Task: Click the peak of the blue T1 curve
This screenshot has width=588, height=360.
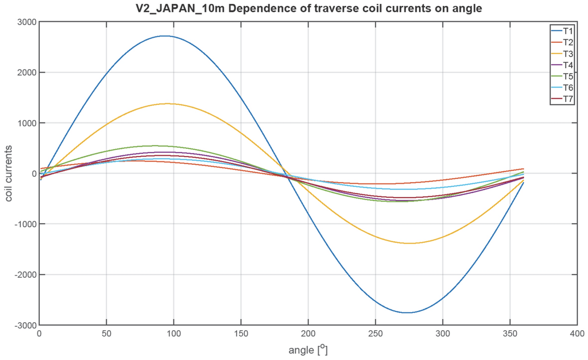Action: tap(164, 36)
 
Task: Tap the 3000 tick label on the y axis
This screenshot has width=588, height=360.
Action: tap(25, 22)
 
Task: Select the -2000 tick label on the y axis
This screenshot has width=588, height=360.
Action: tap(23, 274)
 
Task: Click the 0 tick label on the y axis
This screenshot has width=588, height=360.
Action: tap(32, 173)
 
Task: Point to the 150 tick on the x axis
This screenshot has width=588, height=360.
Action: tap(241, 334)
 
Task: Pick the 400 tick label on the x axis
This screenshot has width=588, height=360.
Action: tap(577, 334)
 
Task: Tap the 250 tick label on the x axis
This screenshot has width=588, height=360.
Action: tap(375, 334)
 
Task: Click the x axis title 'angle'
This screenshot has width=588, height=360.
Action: tap(302, 350)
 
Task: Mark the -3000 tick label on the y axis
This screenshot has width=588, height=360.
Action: tap(23, 325)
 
